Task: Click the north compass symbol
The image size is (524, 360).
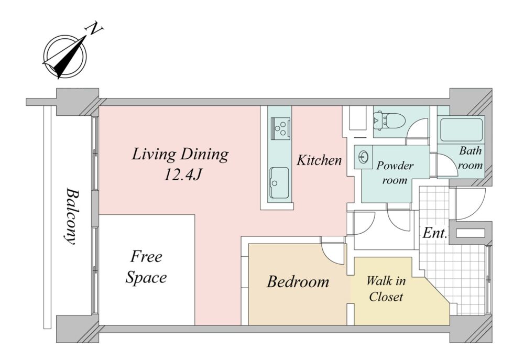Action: (65, 57)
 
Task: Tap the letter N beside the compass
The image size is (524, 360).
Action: (95, 29)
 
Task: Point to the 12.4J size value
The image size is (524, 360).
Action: (182, 174)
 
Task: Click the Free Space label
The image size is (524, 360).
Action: (146, 267)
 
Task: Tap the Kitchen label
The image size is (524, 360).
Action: (319, 160)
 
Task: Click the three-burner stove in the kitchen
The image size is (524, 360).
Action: (280, 128)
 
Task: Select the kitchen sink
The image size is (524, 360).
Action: (279, 182)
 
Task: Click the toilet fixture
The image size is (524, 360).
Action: (389, 121)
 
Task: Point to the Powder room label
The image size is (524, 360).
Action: (395, 173)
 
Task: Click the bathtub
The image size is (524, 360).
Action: (461, 129)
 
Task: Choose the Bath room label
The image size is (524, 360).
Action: (470, 158)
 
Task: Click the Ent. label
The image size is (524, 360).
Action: (434, 233)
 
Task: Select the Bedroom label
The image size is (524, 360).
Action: (298, 281)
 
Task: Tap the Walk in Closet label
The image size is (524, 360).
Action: (386, 288)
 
